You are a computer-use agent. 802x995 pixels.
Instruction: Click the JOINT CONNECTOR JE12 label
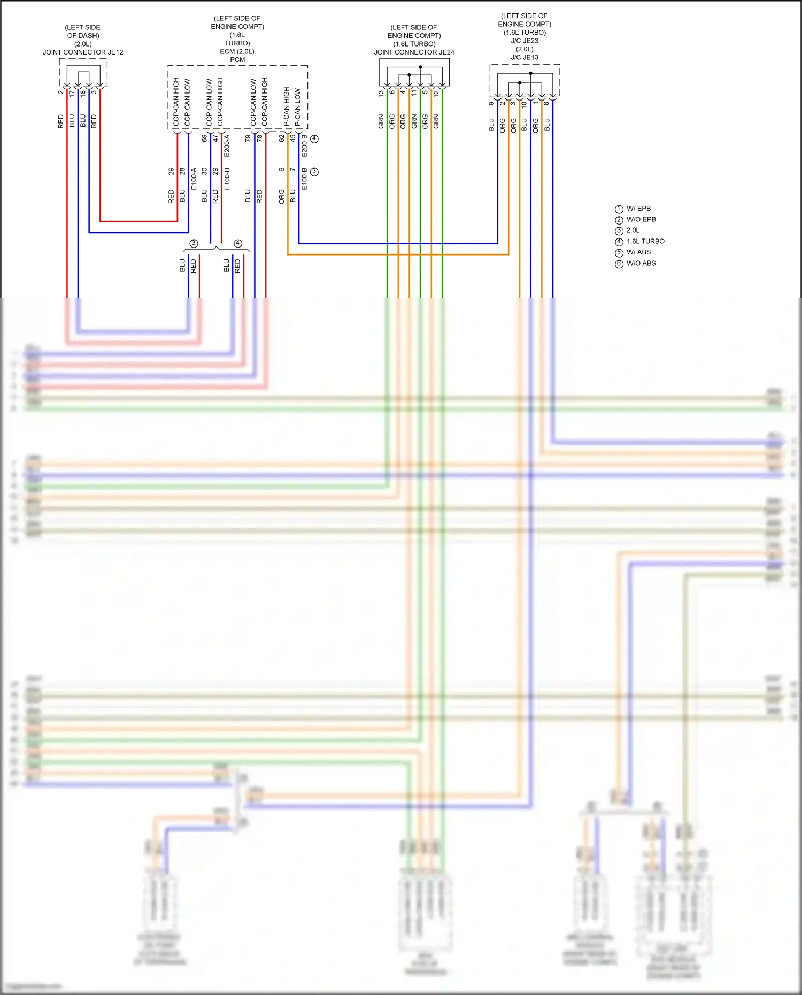click(x=83, y=52)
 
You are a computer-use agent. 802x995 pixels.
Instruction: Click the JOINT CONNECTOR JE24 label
click(x=414, y=52)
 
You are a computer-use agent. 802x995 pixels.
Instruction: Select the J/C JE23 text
click(x=524, y=41)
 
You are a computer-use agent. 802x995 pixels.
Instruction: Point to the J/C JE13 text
click(x=524, y=57)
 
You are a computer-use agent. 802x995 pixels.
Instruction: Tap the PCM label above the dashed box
click(x=237, y=60)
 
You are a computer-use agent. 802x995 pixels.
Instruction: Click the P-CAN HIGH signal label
click(x=287, y=106)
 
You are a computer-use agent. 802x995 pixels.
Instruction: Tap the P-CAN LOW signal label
click(x=298, y=107)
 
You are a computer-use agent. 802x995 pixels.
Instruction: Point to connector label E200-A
click(x=227, y=145)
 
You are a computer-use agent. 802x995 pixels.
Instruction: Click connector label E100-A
click(x=194, y=179)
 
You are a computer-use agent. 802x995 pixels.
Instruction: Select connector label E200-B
click(x=304, y=145)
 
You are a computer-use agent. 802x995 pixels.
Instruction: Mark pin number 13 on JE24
click(x=381, y=94)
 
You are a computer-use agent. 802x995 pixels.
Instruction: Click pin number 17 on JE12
click(x=72, y=93)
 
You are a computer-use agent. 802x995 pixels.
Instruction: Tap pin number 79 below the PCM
click(x=248, y=138)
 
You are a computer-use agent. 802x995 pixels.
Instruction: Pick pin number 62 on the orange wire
click(x=281, y=138)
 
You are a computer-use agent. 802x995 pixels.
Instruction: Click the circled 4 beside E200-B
click(x=314, y=138)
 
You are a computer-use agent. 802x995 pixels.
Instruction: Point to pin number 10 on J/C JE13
click(x=524, y=105)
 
